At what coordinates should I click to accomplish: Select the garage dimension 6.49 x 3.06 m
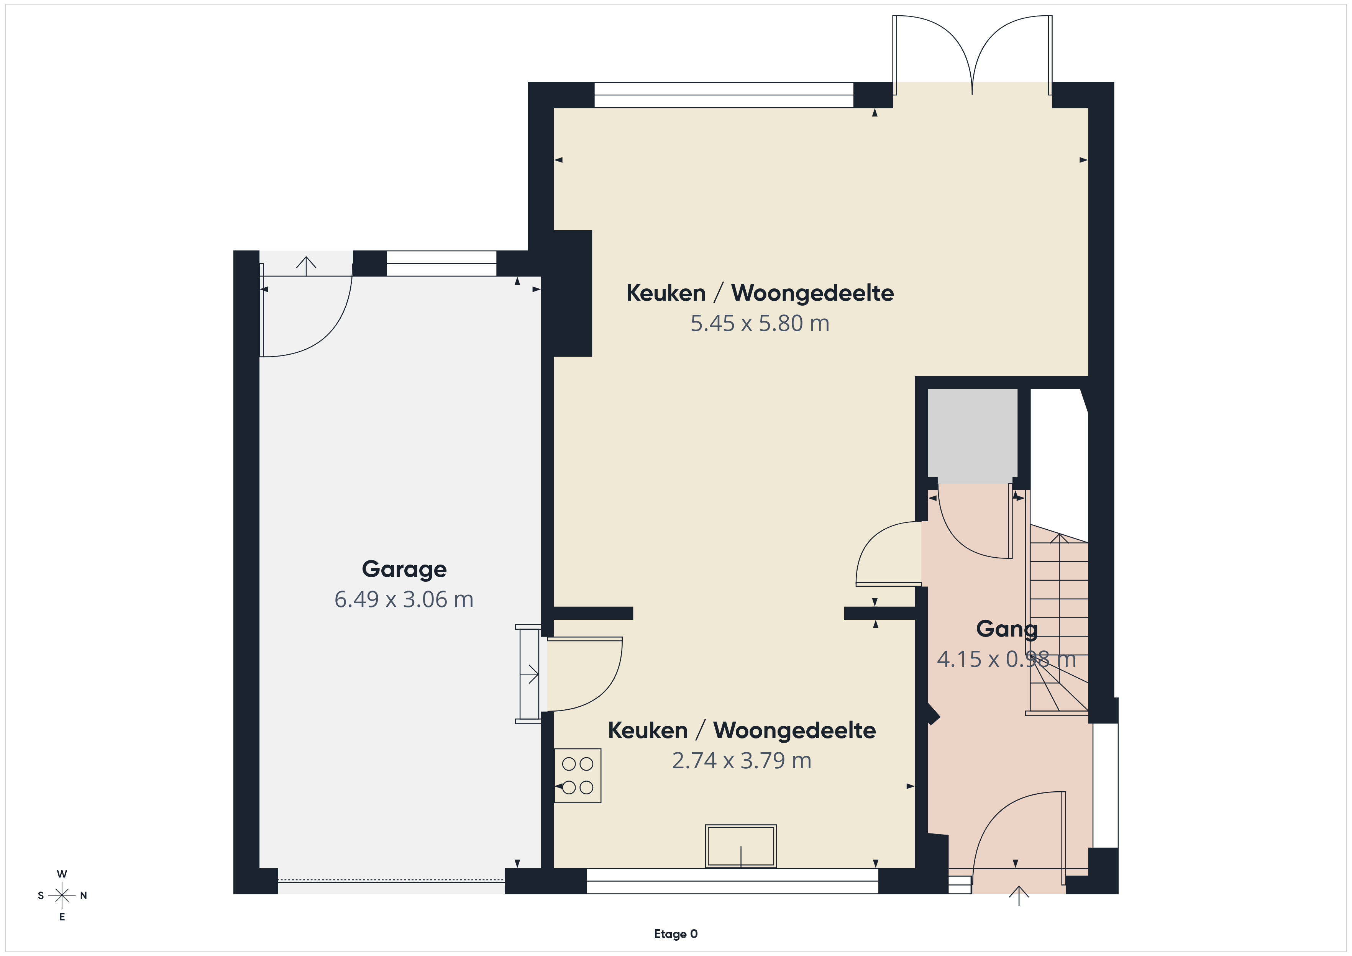(404, 599)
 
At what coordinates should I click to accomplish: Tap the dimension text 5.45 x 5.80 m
(760, 323)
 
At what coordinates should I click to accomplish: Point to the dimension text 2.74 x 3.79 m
(742, 761)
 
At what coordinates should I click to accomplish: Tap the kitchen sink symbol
(741, 846)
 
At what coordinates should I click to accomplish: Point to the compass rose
(62, 895)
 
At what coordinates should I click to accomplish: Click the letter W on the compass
(62, 874)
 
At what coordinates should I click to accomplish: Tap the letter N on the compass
(84, 895)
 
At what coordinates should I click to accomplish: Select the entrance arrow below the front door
(1019, 895)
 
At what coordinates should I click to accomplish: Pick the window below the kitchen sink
(733, 881)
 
